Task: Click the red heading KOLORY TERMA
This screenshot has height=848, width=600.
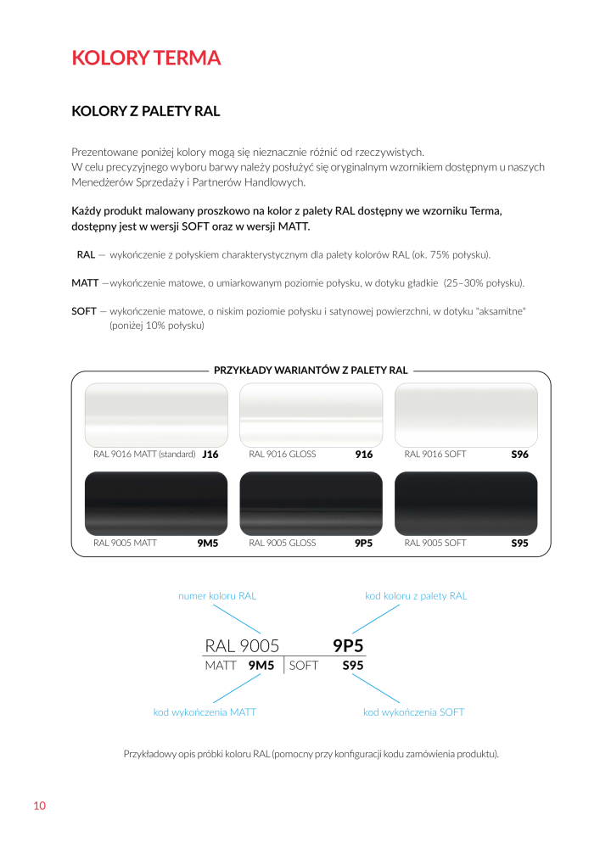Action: tap(146, 58)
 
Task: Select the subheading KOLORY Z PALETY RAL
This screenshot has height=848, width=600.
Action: tap(146, 111)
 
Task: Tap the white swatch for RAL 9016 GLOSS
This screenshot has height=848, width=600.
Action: tap(311, 414)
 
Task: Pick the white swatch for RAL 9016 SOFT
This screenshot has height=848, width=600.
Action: tap(466, 414)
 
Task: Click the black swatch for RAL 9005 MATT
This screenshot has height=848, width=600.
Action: tap(156, 503)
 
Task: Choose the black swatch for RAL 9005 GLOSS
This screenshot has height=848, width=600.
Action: tap(311, 503)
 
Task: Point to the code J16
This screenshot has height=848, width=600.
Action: tap(210, 455)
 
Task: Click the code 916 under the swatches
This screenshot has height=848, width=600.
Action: tap(364, 455)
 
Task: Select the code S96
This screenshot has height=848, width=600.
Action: tap(519, 455)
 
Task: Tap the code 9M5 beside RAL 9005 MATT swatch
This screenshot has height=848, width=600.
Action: tap(208, 543)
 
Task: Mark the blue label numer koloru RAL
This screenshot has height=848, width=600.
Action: tap(217, 596)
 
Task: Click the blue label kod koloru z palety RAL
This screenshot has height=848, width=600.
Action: tap(416, 596)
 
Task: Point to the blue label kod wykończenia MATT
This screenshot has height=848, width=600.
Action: tap(205, 712)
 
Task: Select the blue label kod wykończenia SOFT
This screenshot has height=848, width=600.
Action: tap(413, 712)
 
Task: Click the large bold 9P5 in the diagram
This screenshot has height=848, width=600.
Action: tap(348, 646)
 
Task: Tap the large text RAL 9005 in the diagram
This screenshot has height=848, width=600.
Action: tap(242, 646)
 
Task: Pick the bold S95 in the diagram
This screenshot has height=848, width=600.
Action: tap(353, 667)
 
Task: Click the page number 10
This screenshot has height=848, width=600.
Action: tap(39, 806)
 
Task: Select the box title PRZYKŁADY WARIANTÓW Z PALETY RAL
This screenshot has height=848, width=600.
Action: tap(311, 371)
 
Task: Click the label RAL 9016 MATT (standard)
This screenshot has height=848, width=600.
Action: tap(144, 455)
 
